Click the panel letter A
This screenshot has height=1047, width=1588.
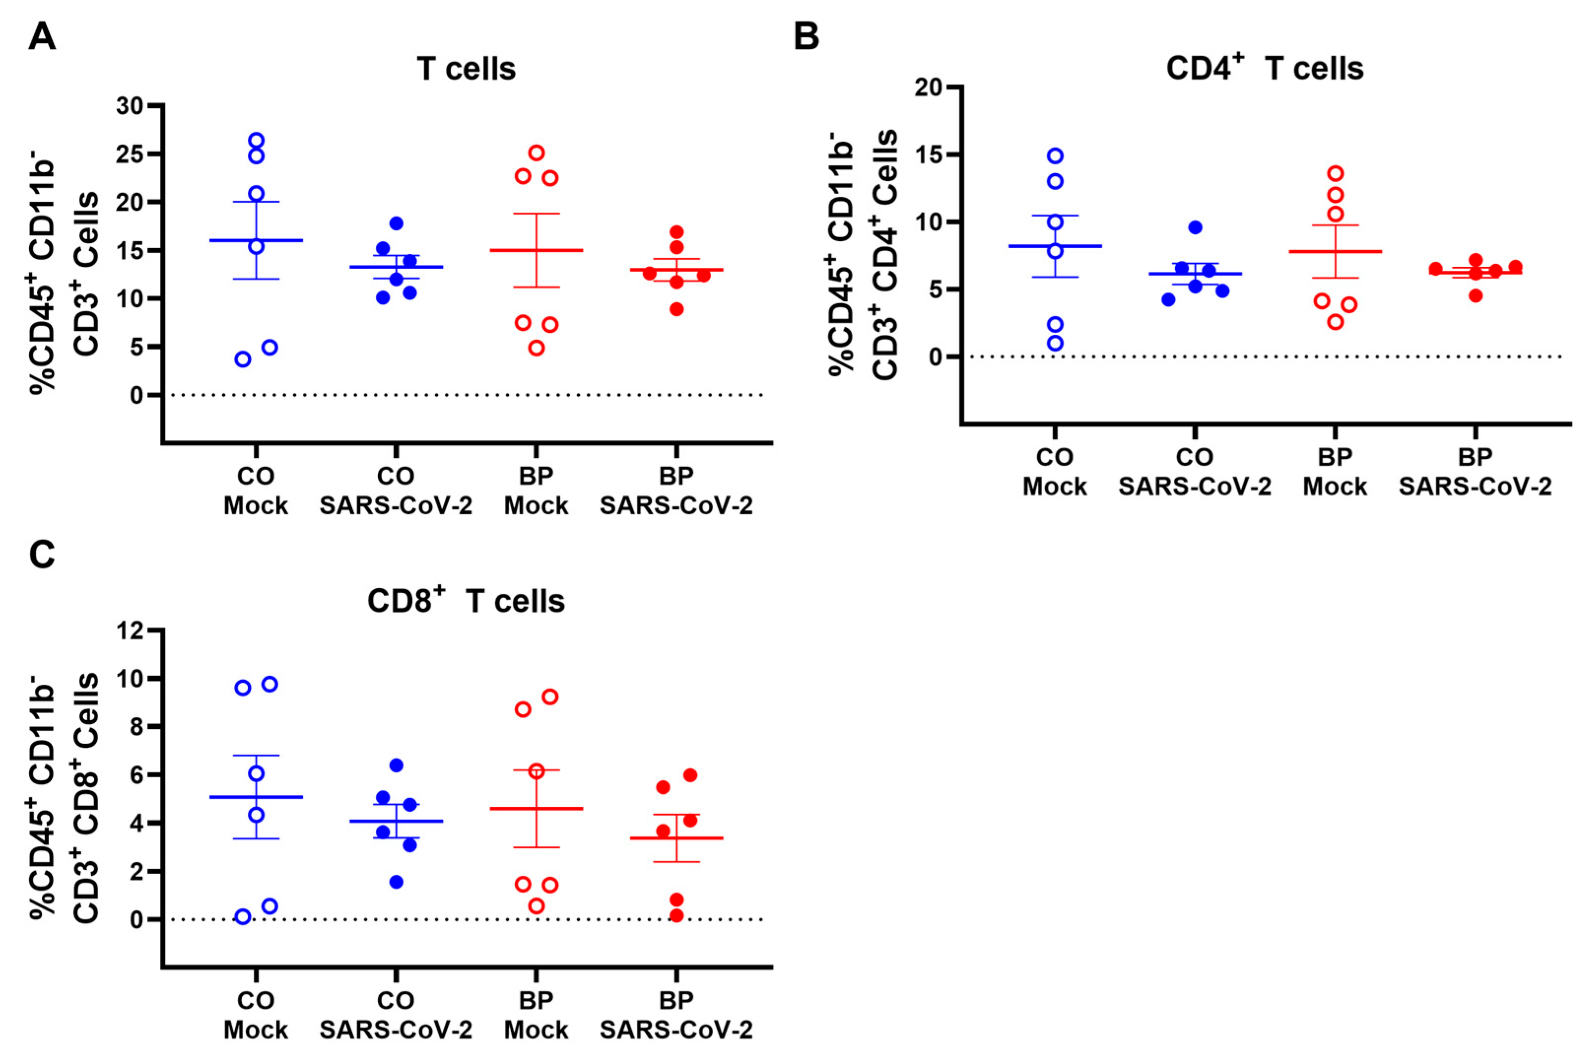tap(42, 37)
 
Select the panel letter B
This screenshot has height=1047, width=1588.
tap(806, 37)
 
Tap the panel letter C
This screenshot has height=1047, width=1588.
tap(42, 555)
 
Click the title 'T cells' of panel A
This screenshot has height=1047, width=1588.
tap(466, 69)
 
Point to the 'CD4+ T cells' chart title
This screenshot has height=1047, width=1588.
tap(1265, 67)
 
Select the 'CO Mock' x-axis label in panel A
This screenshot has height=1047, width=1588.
tap(256, 491)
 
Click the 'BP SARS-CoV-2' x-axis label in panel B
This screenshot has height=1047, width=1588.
tap(1475, 472)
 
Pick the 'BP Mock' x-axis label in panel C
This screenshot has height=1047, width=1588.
tap(536, 1015)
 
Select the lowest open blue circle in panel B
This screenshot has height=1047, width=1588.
tap(1055, 343)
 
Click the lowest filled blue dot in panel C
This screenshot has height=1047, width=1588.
tap(396, 882)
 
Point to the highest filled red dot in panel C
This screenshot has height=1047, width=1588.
tap(690, 775)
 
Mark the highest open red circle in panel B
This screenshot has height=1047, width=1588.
tap(1335, 174)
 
